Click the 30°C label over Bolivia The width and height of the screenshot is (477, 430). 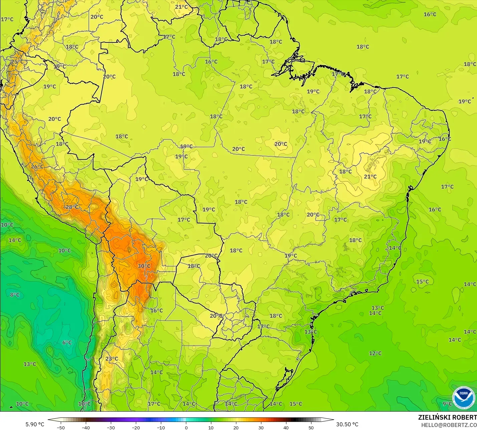(x=144, y=266)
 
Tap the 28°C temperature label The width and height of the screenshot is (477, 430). (x=72, y=207)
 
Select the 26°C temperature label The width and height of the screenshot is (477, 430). (x=37, y=166)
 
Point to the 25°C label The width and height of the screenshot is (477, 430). (x=17, y=62)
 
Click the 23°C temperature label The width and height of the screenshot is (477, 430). (x=112, y=359)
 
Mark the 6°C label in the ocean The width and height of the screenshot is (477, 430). (x=67, y=342)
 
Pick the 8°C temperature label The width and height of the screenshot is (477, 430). (x=15, y=295)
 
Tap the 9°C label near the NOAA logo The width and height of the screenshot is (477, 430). (x=447, y=404)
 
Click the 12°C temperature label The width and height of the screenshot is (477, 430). (x=375, y=353)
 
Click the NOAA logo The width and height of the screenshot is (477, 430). (x=464, y=398)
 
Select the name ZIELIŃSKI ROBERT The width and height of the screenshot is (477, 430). (x=447, y=417)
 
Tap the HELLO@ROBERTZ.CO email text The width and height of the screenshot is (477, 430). (x=449, y=425)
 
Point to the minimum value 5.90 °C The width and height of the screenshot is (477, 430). (x=35, y=424)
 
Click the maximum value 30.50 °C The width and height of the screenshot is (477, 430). (x=347, y=424)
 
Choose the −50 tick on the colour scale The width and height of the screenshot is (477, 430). (x=61, y=427)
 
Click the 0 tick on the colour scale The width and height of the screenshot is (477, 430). (x=186, y=427)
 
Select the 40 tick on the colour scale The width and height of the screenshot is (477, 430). (x=286, y=427)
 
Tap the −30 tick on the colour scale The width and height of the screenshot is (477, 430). (x=111, y=427)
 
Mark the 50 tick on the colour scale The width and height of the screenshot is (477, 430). (x=311, y=427)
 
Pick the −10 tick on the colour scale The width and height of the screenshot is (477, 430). (x=161, y=427)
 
